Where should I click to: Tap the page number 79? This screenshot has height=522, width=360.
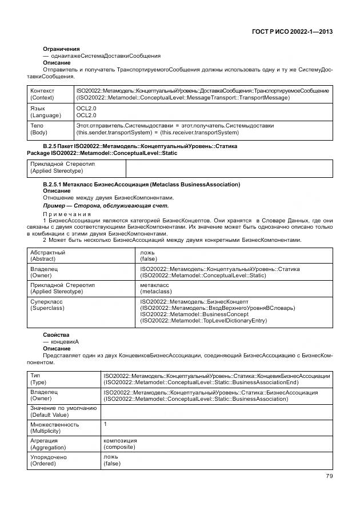tap(329, 476)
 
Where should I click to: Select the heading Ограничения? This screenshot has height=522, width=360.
tap(61, 49)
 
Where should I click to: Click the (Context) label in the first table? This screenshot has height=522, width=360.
tap(43, 98)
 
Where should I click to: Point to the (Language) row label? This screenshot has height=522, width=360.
tap(46, 115)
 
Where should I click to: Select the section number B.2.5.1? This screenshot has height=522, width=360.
tap(57, 185)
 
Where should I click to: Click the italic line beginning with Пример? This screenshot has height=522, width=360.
tap(106, 205)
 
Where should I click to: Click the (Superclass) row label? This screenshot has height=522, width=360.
tap(46, 308)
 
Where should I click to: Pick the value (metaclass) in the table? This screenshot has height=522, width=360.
tap(156, 292)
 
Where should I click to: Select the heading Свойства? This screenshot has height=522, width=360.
tap(58, 334)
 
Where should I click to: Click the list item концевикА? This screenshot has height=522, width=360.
tap(63, 341)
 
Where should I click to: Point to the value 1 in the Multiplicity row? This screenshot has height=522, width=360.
tap(105, 424)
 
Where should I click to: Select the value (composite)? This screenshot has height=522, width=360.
tap(119, 448)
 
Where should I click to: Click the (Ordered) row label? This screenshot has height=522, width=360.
tap(43, 464)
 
